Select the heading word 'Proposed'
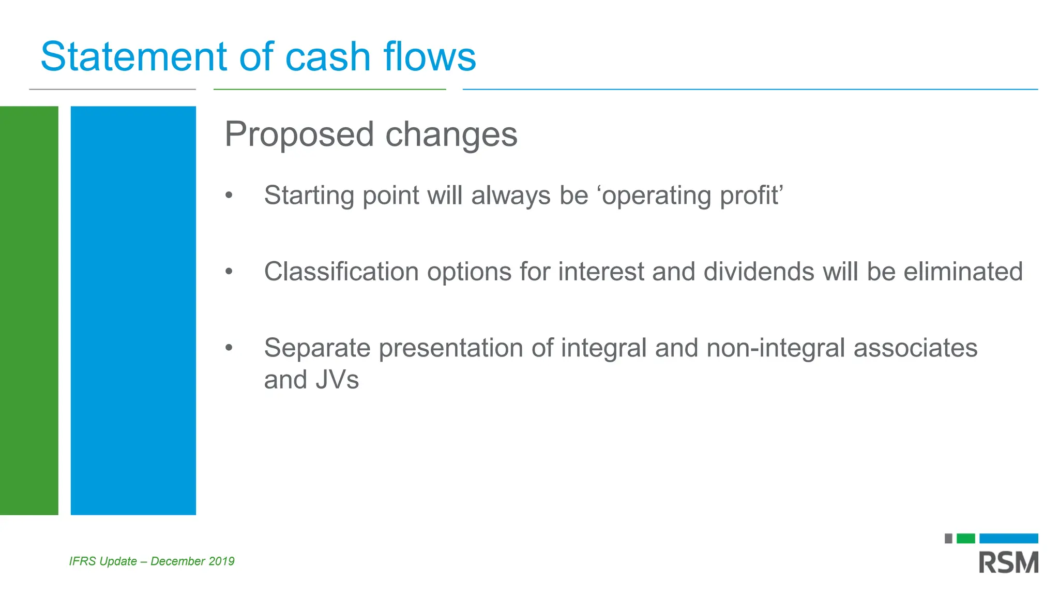click(x=299, y=135)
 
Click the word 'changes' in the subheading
click(x=451, y=135)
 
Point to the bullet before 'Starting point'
click(x=229, y=196)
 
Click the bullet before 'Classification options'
click(x=229, y=272)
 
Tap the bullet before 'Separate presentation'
click(x=229, y=348)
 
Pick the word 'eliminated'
click(x=963, y=272)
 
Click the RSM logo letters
click(x=1008, y=563)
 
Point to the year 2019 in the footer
click(x=221, y=561)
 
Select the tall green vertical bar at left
click(x=29, y=310)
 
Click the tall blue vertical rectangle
click(x=133, y=310)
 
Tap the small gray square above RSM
click(x=948, y=539)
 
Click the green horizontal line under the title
click(x=329, y=90)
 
